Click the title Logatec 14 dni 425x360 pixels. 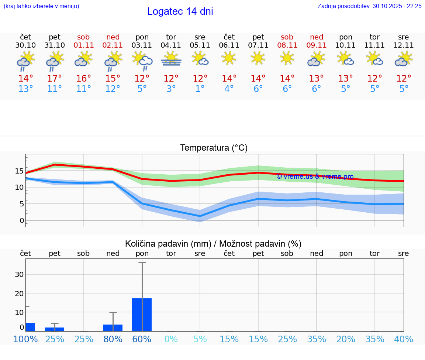coord(180,11)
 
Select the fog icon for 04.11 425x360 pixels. coord(171,59)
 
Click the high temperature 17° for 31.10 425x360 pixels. coord(55,79)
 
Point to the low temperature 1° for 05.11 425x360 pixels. coord(200,89)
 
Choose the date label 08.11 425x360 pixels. coord(287,45)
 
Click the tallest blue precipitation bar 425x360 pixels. coord(142,315)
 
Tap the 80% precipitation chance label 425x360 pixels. coord(113,339)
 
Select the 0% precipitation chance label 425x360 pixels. coord(171,339)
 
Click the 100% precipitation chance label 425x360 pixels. coord(25,339)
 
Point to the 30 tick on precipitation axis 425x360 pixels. coord(19,274)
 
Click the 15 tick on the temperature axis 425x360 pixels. coord(19,171)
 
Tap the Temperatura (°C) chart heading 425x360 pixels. coord(214,148)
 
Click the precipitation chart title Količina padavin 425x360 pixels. coord(213,244)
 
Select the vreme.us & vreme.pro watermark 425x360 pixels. coord(315,176)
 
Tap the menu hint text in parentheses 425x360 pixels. coord(41,6)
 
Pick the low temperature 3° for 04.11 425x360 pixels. coord(171,89)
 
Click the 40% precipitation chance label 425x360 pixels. coord(404,339)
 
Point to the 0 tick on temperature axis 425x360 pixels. coord(22,220)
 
